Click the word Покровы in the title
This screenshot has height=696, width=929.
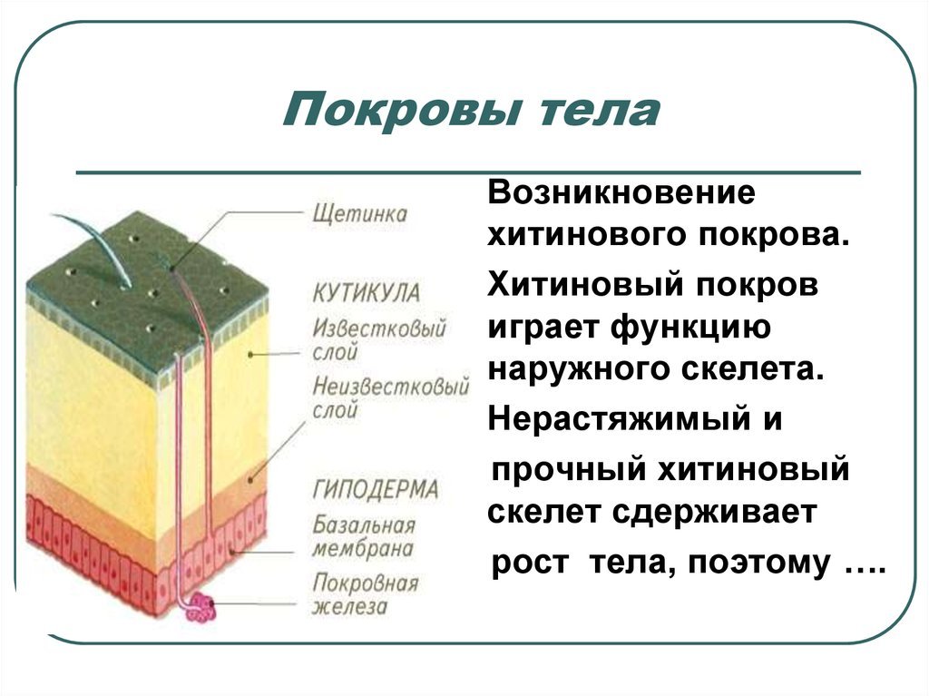point(402,110)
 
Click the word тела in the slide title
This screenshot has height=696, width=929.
point(600,112)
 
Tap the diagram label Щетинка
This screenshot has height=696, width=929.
point(359,214)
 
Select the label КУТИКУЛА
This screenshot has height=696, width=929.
point(367,293)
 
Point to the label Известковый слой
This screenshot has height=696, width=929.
point(379,339)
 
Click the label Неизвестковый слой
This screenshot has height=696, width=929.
point(390,397)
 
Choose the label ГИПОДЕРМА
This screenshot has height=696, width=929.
point(376,490)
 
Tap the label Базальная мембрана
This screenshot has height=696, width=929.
point(364,536)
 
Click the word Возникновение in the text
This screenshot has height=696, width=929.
point(621,192)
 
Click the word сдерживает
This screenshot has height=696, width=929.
point(714,512)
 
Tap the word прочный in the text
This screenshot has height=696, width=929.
point(569,470)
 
